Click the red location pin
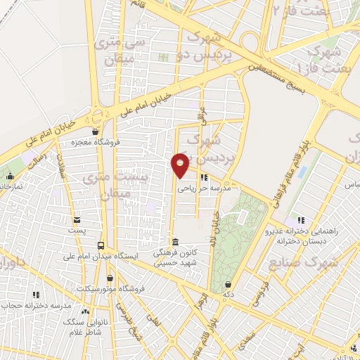(x=181, y=164)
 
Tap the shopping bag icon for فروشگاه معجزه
(x=95, y=131)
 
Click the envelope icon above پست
(x=77, y=219)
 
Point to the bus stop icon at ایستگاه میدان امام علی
(x=102, y=245)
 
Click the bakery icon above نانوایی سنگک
(x=86, y=311)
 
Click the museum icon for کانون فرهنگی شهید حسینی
(x=176, y=243)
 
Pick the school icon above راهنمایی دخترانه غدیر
(x=302, y=220)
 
